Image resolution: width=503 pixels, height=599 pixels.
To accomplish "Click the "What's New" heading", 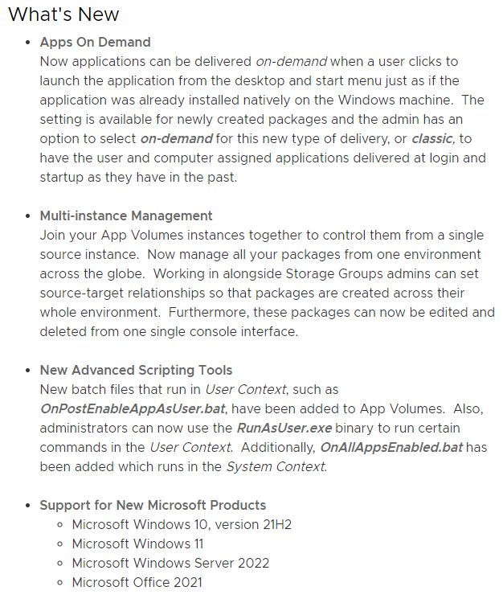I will tap(63, 14).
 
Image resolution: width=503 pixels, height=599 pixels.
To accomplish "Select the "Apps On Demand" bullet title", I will tap(95, 42).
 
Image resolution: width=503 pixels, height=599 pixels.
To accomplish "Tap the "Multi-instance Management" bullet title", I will tap(126, 215).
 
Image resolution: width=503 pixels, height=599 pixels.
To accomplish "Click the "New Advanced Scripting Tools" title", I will tap(136, 370).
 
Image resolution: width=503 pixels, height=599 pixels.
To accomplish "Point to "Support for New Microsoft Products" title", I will tap(153, 505).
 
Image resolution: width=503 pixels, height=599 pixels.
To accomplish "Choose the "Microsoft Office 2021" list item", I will tap(137, 582).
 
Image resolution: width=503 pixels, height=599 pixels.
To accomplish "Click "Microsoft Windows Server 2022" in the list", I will tap(170, 563).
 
